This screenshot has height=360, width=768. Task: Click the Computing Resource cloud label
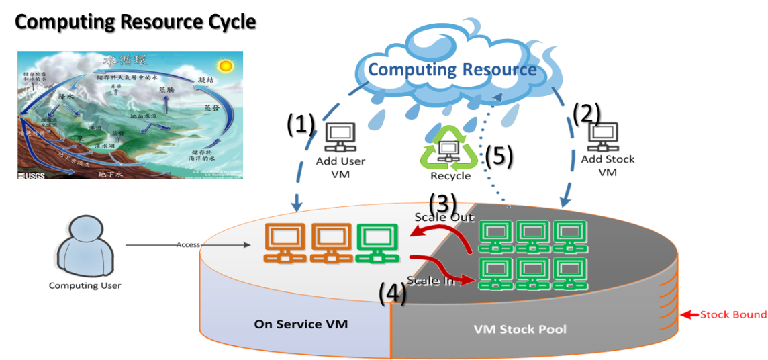(452, 69)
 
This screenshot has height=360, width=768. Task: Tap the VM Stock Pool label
(520, 329)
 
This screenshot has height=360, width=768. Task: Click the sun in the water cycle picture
(225, 66)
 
